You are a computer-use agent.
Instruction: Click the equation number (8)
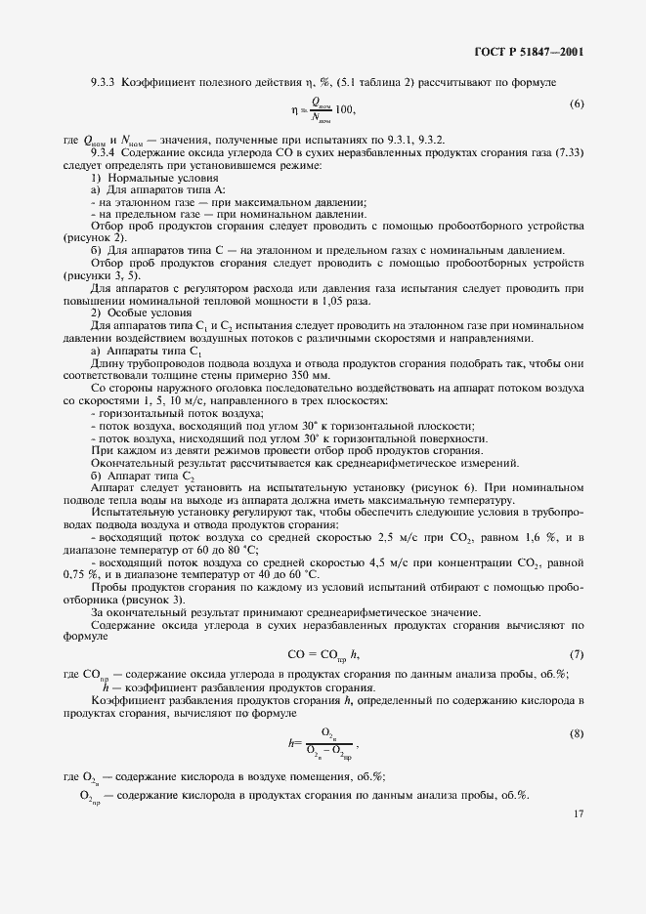pos(577,732)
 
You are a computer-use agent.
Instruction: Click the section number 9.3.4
pos(103,154)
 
